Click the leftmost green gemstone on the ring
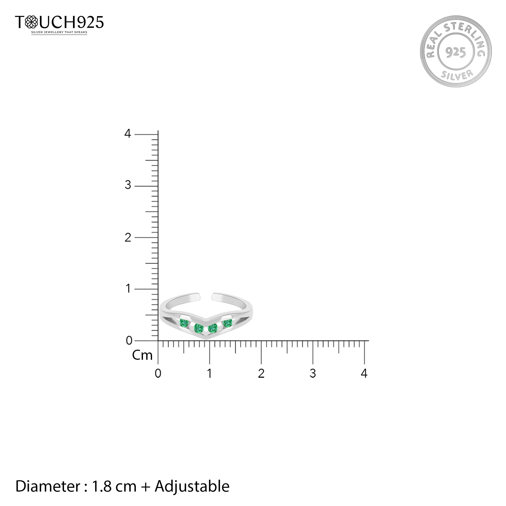tap(184, 323)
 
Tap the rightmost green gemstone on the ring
tap(228, 323)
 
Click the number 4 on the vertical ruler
tap(128, 134)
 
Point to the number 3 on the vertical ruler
tap(128, 185)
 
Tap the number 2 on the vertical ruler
tap(128, 238)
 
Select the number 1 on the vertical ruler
tap(128, 289)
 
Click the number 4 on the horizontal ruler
tap(364, 373)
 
